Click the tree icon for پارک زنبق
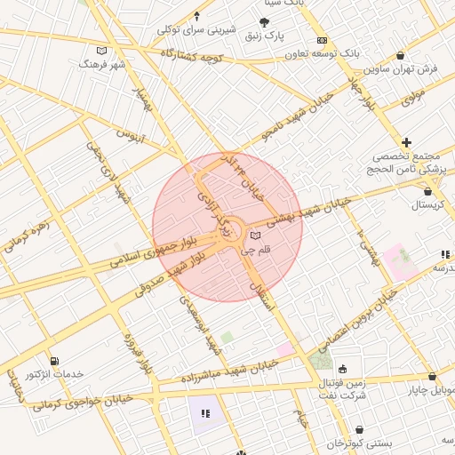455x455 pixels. (x=264, y=22)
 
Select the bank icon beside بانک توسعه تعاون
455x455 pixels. (x=322, y=41)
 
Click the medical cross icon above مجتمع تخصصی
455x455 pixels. (x=406, y=142)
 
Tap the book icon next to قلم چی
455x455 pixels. (x=256, y=236)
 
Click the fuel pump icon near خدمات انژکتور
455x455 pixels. (x=56, y=361)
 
